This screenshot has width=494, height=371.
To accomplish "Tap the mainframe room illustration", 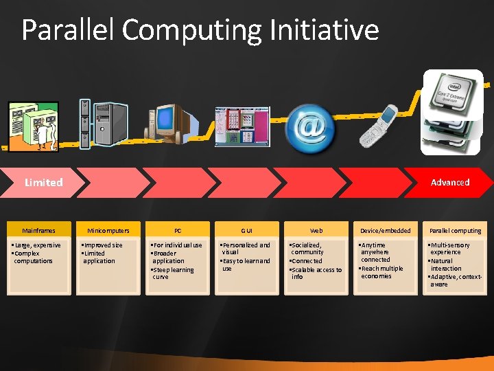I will pos(34,124).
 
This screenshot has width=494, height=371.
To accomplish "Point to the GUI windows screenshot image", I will pos(242,126).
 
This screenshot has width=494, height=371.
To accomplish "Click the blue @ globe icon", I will pos(310,126).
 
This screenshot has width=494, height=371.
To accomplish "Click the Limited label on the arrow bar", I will pos(43,182).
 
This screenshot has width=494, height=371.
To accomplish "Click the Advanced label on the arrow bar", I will pos(450,182).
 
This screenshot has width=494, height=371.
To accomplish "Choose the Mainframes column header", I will pos(38,231).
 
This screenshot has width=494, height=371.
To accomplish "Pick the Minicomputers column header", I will pos(108,231).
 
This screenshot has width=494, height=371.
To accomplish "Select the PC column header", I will pos(178,231).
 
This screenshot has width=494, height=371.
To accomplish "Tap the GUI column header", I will pos(247,231).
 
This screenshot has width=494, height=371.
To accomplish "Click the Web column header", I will pos(316,231).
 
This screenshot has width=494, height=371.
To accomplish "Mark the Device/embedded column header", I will pos(386,231).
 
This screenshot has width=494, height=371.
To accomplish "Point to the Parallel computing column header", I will pos(456,231).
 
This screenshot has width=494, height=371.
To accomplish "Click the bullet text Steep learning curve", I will pos(173,273).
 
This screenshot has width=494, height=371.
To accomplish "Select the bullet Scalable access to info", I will pos(316,273).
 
